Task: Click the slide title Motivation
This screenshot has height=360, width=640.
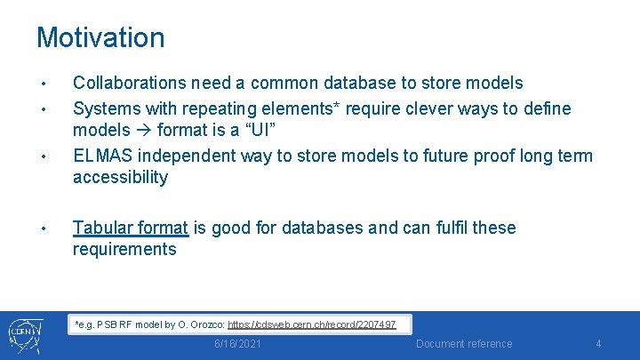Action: [x=100, y=38]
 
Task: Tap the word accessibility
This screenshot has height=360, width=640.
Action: [x=120, y=177]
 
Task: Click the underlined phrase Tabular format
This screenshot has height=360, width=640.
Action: [x=130, y=228]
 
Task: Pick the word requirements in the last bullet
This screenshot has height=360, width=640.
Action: [x=124, y=249]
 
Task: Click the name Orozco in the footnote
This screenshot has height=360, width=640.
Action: [x=204, y=324]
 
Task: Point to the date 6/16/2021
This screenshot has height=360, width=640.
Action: [x=237, y=344]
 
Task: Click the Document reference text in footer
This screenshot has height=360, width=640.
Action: [x=464, y=344]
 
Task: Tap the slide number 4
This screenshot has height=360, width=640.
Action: [x=598, y=344]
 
